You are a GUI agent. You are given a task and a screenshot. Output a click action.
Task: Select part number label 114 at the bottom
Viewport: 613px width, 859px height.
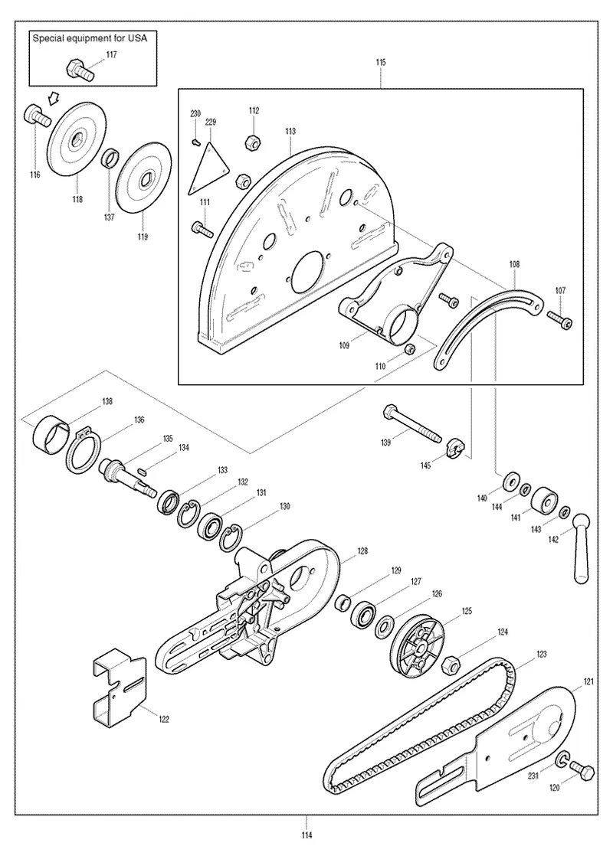(x=306, y=835)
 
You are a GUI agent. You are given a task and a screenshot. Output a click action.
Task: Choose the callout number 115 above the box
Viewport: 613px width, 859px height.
(x=381, y=63)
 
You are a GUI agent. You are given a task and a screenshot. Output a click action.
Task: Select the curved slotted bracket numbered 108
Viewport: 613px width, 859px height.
(x=488, y=326)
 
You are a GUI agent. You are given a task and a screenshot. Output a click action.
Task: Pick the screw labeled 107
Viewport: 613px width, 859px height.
(x=559, y=319)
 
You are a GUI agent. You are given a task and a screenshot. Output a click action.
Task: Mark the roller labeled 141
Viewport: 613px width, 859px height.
(x=545, y=500)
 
